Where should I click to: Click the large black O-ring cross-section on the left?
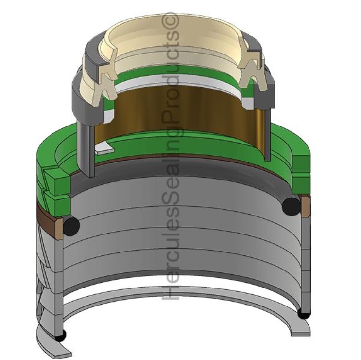(71, 225)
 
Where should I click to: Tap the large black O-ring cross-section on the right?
(291, 206)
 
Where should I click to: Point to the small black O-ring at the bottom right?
(303, 314)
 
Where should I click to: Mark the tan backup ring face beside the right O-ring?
(305, 206)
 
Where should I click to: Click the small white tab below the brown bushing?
(103, 150)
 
